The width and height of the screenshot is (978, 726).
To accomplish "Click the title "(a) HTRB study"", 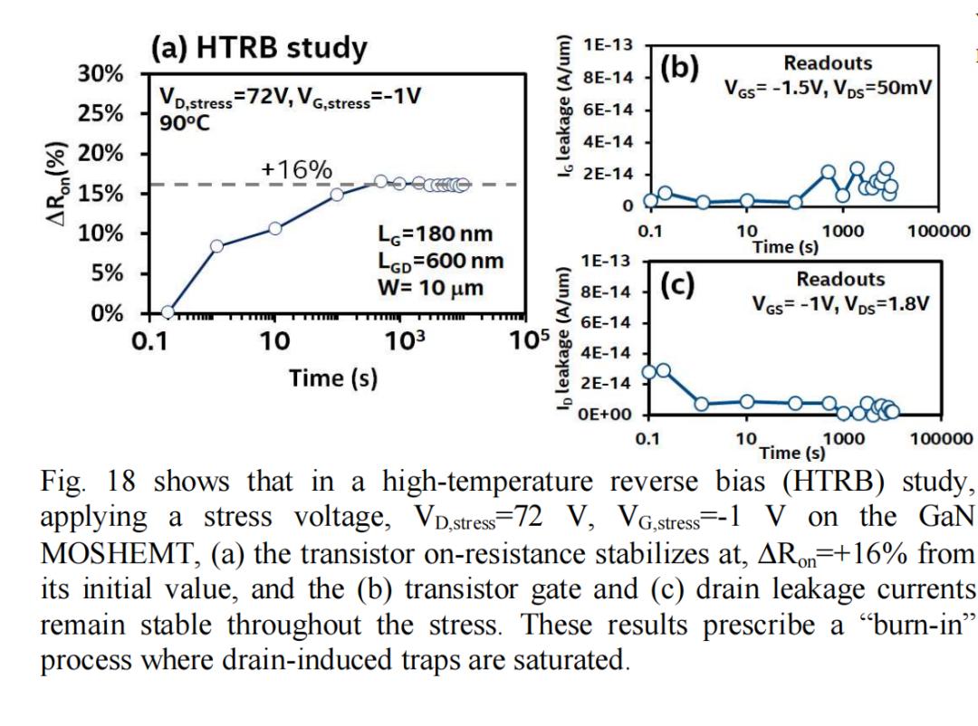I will pyautogui.click(x=258, y=48).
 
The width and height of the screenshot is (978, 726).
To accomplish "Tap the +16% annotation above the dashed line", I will pyautogui.click(x=296, y=169).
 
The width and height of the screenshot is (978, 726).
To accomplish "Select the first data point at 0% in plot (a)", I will pyautogui.click(x=168, y=312).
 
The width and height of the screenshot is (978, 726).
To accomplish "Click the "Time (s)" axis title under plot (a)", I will pyautogui.click(x=333, y=377).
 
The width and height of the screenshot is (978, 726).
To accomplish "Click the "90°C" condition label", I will pyautogui.click(x=186, y=122).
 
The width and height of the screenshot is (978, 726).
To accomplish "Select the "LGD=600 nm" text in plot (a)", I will pyautogui.click(x=440, y=263).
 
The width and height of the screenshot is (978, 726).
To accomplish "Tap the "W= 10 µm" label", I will pyautogui.click(x=430, y=289).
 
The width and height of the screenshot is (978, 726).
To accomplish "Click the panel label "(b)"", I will pyautogui.click(x=678, y=68).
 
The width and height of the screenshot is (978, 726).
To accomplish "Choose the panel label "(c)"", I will pyautogui.click(x=678, y=284).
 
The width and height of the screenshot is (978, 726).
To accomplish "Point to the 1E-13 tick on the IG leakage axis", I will pyautogui.click(x=609, y=45).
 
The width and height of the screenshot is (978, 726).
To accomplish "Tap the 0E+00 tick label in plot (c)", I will pyautogui.click(x=612, y=416).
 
